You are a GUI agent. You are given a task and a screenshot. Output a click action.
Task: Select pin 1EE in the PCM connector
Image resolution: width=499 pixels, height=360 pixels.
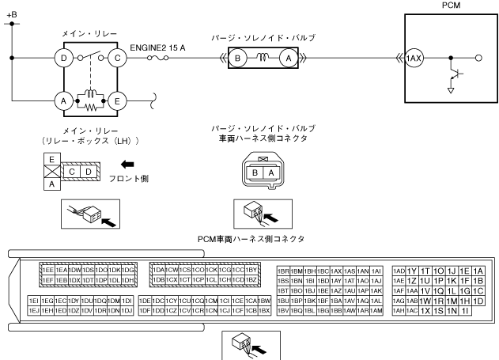point(48,270)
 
